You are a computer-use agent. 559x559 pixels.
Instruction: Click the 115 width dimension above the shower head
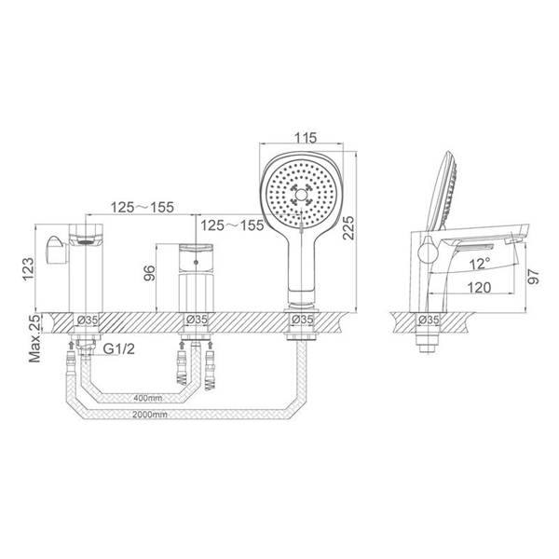click(306, 138)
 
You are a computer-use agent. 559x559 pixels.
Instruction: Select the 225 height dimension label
click(348, 227)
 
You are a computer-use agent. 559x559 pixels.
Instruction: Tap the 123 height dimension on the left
click(29, 269)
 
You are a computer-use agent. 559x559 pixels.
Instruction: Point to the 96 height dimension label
click(149, 273)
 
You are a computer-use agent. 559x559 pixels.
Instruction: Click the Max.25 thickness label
click(35, 339)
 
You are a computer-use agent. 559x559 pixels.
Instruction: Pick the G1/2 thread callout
click(119, 349)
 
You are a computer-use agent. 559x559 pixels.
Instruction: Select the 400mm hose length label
click(147, 398)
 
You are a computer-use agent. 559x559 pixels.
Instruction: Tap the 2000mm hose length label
click(150, 415)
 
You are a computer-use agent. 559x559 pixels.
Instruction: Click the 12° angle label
click(480, 265)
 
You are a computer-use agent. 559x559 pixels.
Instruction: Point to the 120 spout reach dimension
click(479, 287)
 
